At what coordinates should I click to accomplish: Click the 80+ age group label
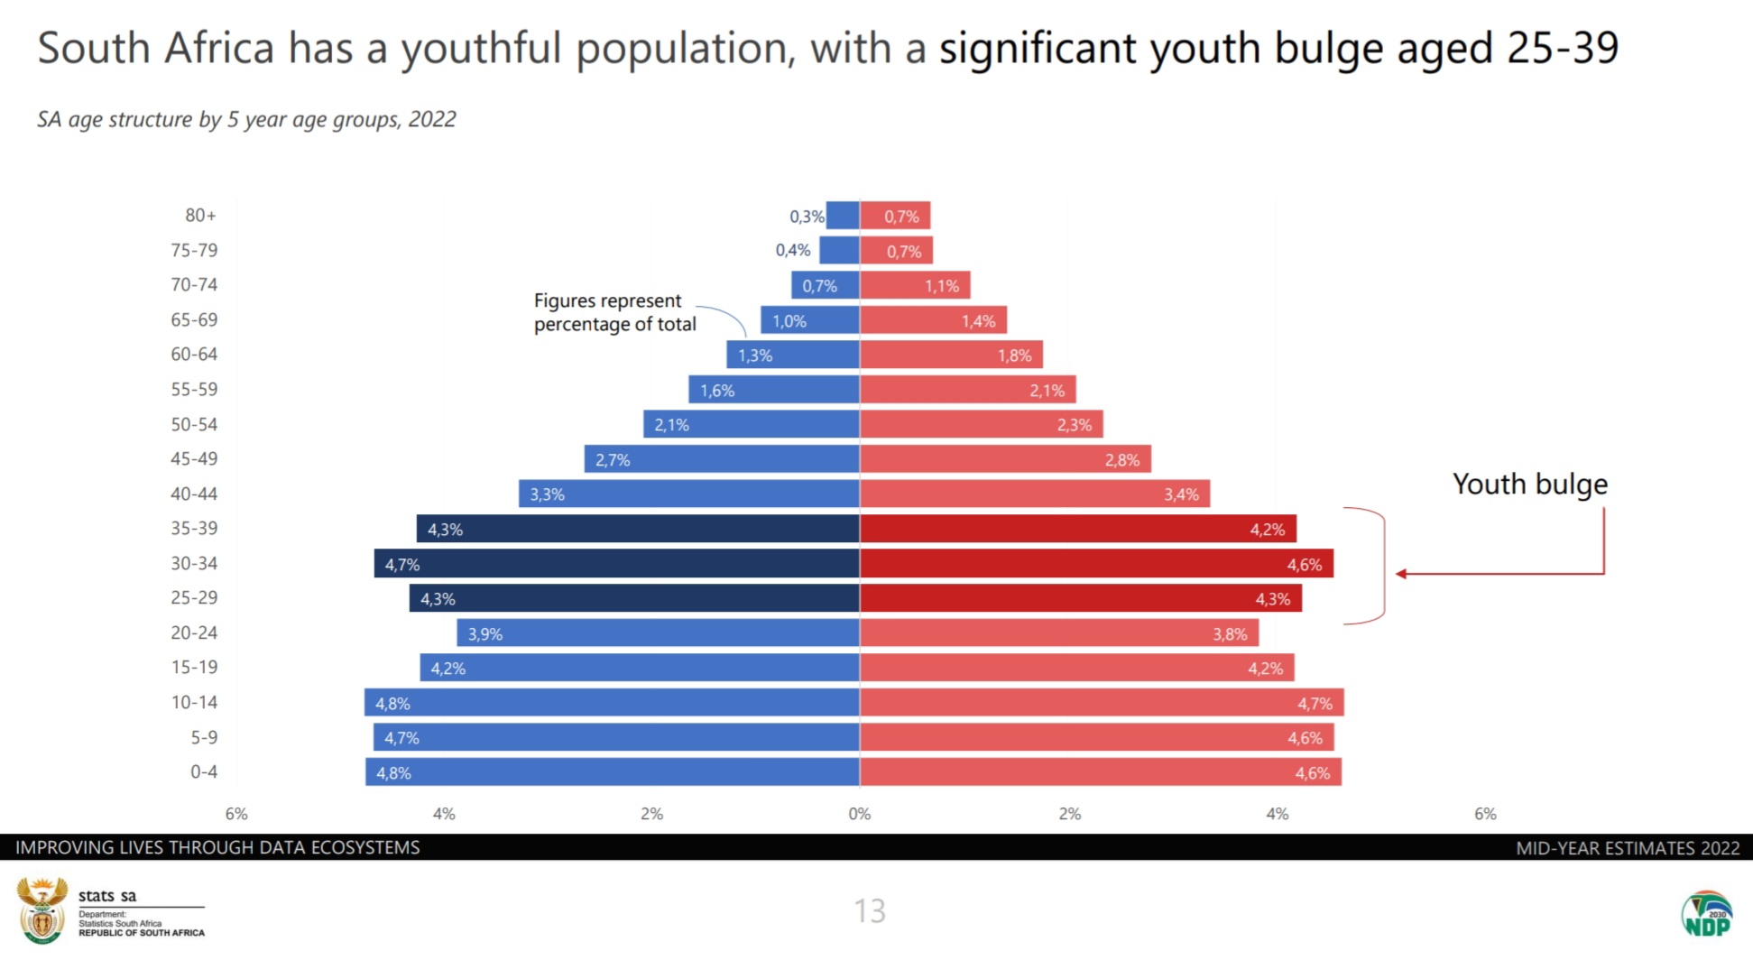(x=200, y=216)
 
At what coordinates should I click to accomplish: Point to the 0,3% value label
(x=806, y=217)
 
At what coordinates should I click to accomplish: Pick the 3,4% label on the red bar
(x=1181, y=494)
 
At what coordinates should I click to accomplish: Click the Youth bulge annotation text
(x=1529, y=485)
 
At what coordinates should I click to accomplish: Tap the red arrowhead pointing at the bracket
(x=1401, y=574)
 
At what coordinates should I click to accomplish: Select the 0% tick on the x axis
(x=860, y=814)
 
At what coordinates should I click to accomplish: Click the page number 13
(x=870, y=911)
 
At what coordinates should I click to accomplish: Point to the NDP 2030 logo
(x=1706, y=914)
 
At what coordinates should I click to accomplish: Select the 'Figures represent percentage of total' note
(x=614, y=312)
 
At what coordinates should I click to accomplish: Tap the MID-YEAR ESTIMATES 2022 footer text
(x=1627, y=848)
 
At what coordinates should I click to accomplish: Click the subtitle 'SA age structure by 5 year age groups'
(x=246, y=120)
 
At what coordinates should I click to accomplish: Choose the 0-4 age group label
(x=204, y=772)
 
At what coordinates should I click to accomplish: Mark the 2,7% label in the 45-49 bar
(x=613, y=460)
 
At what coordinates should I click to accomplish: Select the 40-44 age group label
(x=194, y=494)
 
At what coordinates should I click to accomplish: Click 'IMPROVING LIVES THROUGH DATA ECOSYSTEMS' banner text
(x=217, y=848)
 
